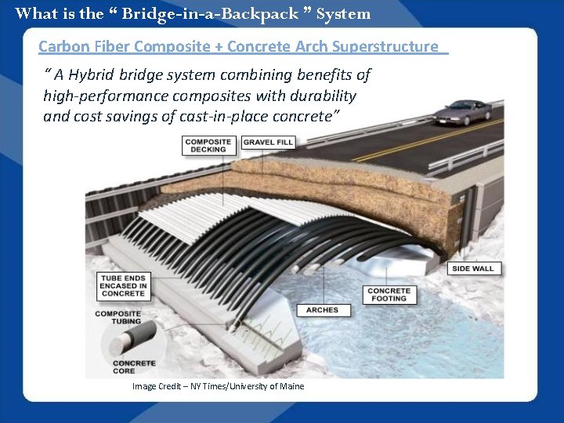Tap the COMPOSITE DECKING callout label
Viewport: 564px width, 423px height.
point(208,145)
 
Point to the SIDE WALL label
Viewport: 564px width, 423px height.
point(473,268)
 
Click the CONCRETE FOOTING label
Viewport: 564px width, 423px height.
point(389,294)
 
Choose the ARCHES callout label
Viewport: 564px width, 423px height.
point(322,310)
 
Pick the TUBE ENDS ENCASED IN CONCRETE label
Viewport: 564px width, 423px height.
point(123,285)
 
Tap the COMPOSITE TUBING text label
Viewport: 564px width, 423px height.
point(117,317)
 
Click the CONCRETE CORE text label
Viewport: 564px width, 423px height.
point(134,367)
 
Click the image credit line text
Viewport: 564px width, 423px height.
point(218,386)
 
